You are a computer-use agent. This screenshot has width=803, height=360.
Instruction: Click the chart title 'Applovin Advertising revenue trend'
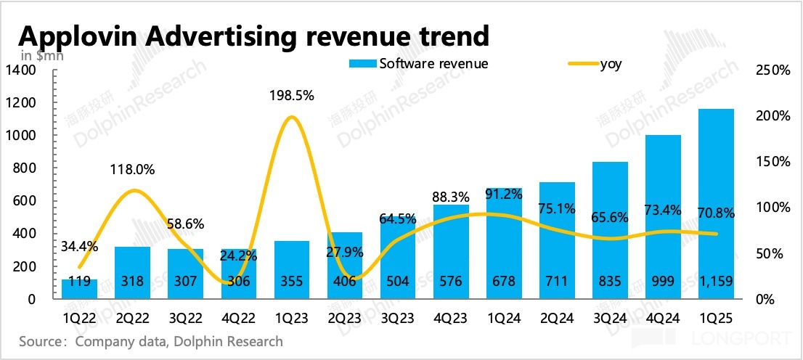pyautogui.click(x=253, y=34)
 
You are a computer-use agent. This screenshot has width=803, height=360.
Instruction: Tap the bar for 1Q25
pyautogui.click(x=715, y=203)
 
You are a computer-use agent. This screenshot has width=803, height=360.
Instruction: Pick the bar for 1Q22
pyautogui.click(x=80, y=288)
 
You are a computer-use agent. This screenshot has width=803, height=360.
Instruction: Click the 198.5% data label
pyautogui.click(x=291, y=96)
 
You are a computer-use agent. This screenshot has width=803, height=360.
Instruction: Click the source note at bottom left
pyautogui.click(x=151, y=341)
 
